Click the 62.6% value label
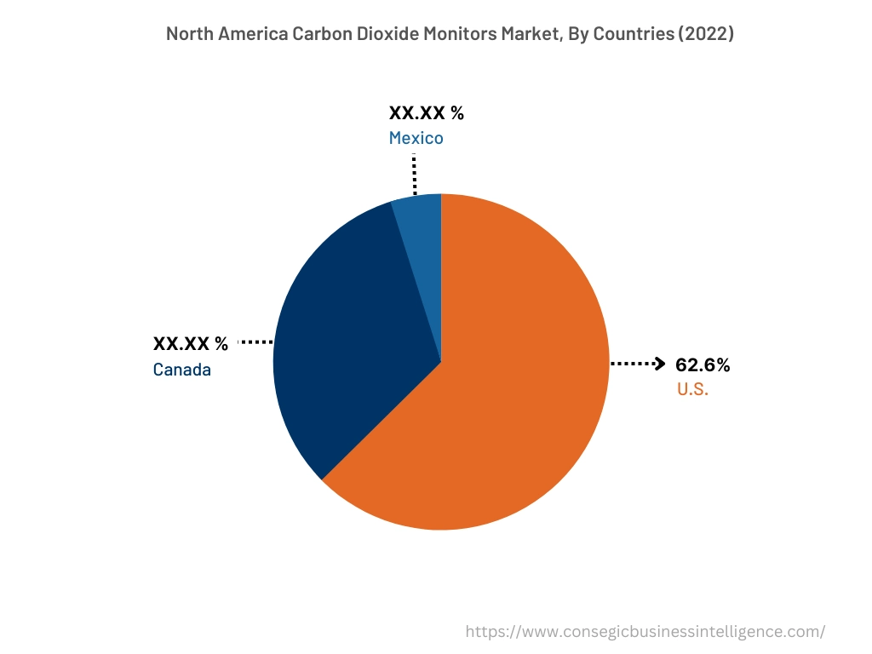tap(703, 365)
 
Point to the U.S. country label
tap(693, 390)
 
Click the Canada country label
tap(182, 370)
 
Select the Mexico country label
tap(416, 138)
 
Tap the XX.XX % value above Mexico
tap(427, 113)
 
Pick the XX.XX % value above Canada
tap(191, 344)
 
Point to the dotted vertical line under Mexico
tap(414, 175)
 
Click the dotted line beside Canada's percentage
tap(255, 342)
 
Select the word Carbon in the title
tap(308, 34)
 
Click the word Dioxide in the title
tap(376, 34)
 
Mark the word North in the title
tap(189, 34)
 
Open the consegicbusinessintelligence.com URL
tap(645, 632)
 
